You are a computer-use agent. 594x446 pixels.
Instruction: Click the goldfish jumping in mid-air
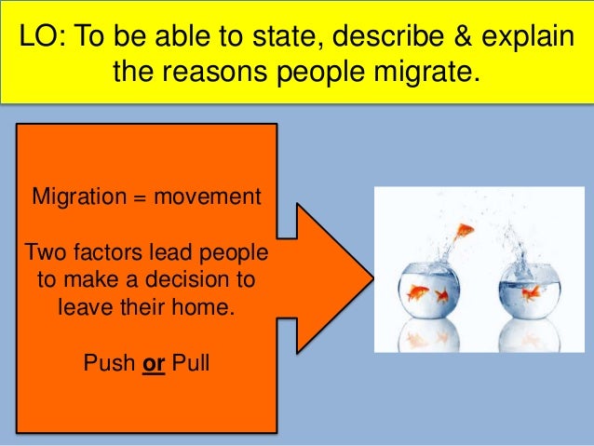(x=464, y=229)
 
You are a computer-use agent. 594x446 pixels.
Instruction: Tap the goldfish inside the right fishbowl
(x=531, y=293)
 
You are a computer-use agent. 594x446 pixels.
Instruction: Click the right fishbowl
(x=527, y=289)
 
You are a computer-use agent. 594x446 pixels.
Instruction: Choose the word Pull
(x=191, y=361)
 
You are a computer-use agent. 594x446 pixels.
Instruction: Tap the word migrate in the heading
(x=429, y=71)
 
